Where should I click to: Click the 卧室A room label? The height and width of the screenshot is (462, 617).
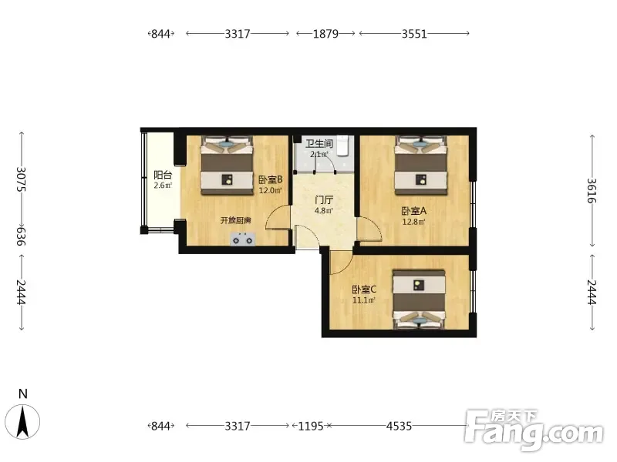pyautogui.click(x=413, y=211)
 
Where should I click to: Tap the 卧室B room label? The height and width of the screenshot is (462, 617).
pyautogui.click(x=271, y=180)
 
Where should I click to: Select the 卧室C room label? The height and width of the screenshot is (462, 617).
pyautogui.click(x=364, y=290)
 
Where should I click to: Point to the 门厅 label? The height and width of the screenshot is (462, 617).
pyautogui.click(x=323, y=200)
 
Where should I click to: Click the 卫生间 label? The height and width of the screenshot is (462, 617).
pyautogui.click(x=319, y=143)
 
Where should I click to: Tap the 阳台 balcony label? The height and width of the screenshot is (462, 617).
pyautogui.click(x=163, y=176)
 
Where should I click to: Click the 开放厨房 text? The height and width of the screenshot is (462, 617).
pyautogui.click(x=235, y=220)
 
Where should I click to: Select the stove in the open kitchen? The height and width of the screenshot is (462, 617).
pyautogui.click(x=243, y=239)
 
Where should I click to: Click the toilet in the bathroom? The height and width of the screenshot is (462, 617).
pyautogui.click(x=343, y=146)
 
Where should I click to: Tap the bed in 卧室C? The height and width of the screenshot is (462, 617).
pyautogui.click(x=420, y=300)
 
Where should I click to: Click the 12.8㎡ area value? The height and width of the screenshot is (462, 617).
pyautogui.click(x=413, y=222)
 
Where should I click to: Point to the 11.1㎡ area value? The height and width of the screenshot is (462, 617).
pyautogui.click(x=363, y=300)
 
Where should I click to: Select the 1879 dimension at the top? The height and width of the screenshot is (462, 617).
pyautogui.click(x=325, y=34)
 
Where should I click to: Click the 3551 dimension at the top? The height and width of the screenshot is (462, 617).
pyautogui.click(x=414, y=34)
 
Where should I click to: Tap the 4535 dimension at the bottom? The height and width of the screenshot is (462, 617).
pyautogui.click(x=399, y=426)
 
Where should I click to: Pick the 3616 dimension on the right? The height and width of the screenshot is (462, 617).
pyautogui.click(x=592, y=191)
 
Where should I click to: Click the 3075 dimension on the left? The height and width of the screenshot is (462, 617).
pyautogui.click(x=22, y=179)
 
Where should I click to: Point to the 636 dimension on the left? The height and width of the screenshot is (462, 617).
pyautogui.click(x=22, y=236)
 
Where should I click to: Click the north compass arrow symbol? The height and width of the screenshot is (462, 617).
pyautogui.click(x=23, y=421)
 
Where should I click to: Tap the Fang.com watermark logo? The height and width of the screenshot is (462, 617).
pyautogui.click(x=534, y=431)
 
